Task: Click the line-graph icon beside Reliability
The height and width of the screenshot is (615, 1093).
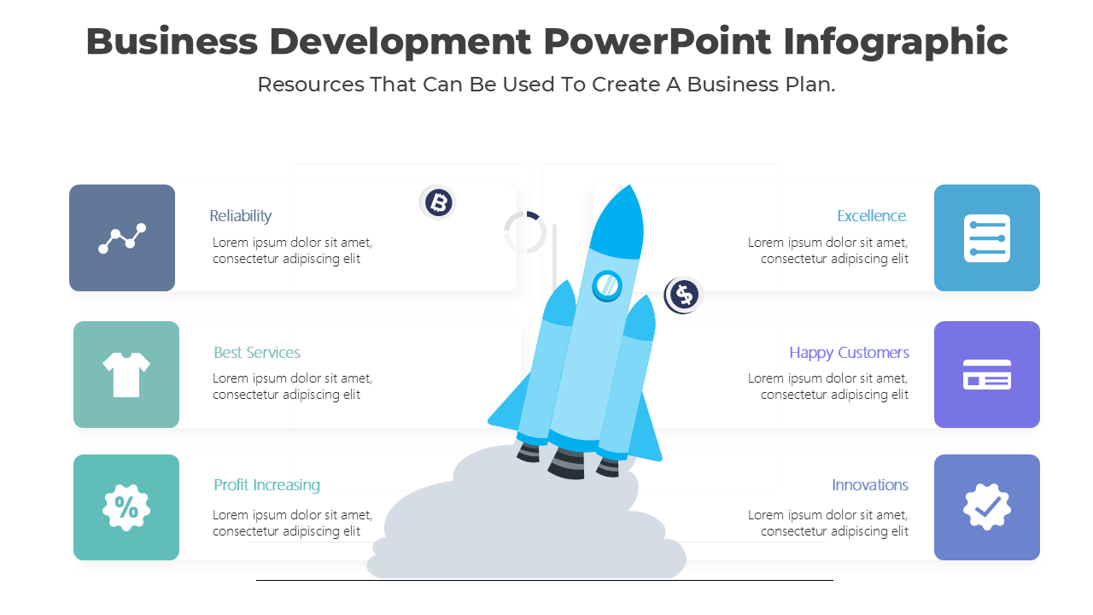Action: pos(122,238)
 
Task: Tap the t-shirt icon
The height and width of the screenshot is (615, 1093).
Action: pos(126,374)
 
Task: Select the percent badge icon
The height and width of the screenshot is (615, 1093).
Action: pos(126,507)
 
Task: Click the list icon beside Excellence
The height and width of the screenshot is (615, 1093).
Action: pos(987,238)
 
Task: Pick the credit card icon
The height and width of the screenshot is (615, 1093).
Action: pos(987,374)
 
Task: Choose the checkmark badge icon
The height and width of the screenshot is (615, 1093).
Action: pos(987,507)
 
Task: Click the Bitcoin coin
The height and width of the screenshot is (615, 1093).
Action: pos(438,202)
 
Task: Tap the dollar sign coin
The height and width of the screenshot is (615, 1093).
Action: pos(683,296)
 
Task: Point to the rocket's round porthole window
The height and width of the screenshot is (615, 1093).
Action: pos(607,284)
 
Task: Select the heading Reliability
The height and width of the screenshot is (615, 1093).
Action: pos(241,216)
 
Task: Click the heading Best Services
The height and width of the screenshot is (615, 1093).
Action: pos(257,353)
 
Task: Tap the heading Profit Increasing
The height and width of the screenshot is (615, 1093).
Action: pos(266,485)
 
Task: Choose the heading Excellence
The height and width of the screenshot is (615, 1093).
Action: pos(872,216)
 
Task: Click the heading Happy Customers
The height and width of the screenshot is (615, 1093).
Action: pos(849,353)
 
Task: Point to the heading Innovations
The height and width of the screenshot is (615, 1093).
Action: pos(870,485)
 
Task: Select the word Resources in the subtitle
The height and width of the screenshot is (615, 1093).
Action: pos(310,85)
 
